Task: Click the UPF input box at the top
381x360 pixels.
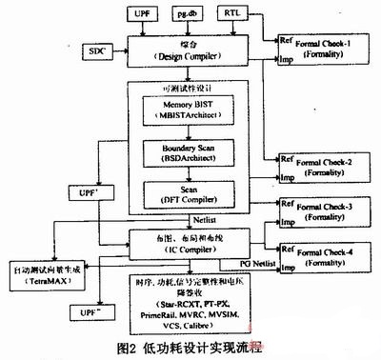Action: click(141, 15)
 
